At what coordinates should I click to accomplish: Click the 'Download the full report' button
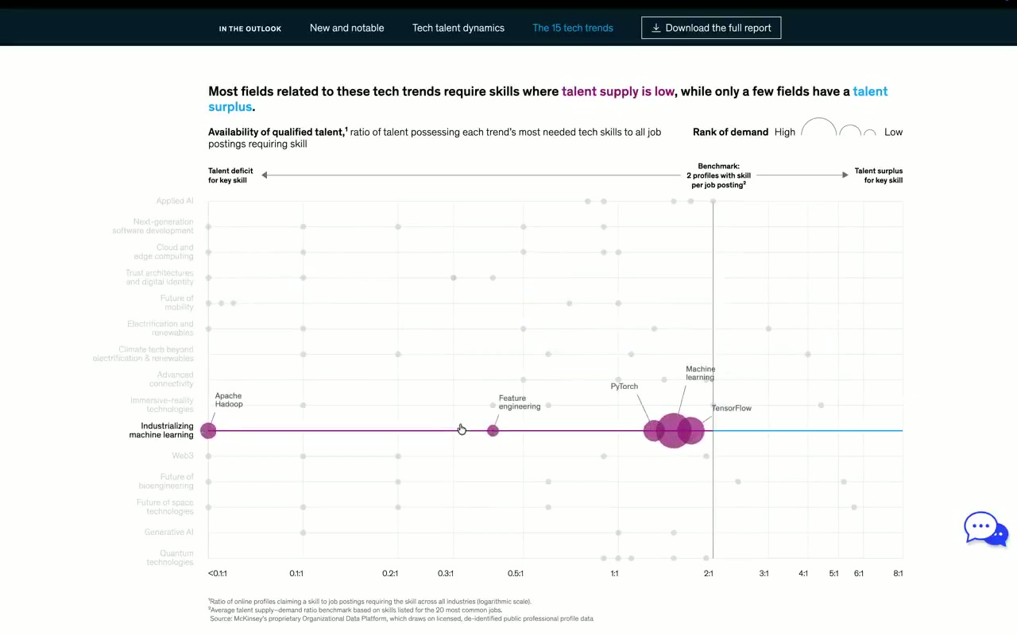(x=711, y=28)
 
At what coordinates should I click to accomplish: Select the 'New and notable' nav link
(x=346, y=28)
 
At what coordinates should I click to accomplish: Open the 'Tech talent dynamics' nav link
(x=458, y=28)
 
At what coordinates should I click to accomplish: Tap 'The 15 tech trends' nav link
(x=572, y=28)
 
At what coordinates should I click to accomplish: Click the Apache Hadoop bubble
(x=208, y=430)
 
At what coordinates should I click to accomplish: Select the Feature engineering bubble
(x=493, y=430)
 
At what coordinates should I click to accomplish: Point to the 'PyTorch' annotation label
(x=624, y=387)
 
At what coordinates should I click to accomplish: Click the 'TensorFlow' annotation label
(x=731, y=408)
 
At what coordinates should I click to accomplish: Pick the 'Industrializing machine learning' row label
(x=161, y=430)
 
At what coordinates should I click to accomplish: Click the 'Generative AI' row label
(x=168, y=533)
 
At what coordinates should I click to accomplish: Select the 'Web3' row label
(x=182, y=456)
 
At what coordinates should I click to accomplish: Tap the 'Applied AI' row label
(x=175, y=202)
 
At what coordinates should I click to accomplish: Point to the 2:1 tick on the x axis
(x=708, y=573)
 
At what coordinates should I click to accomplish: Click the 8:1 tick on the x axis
(x=897, y=573)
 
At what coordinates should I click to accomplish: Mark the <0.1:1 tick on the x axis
(x=218, y=573)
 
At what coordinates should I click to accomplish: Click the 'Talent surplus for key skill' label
(x=878, y=175)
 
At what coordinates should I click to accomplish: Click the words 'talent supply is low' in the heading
(x=617, y=91)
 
